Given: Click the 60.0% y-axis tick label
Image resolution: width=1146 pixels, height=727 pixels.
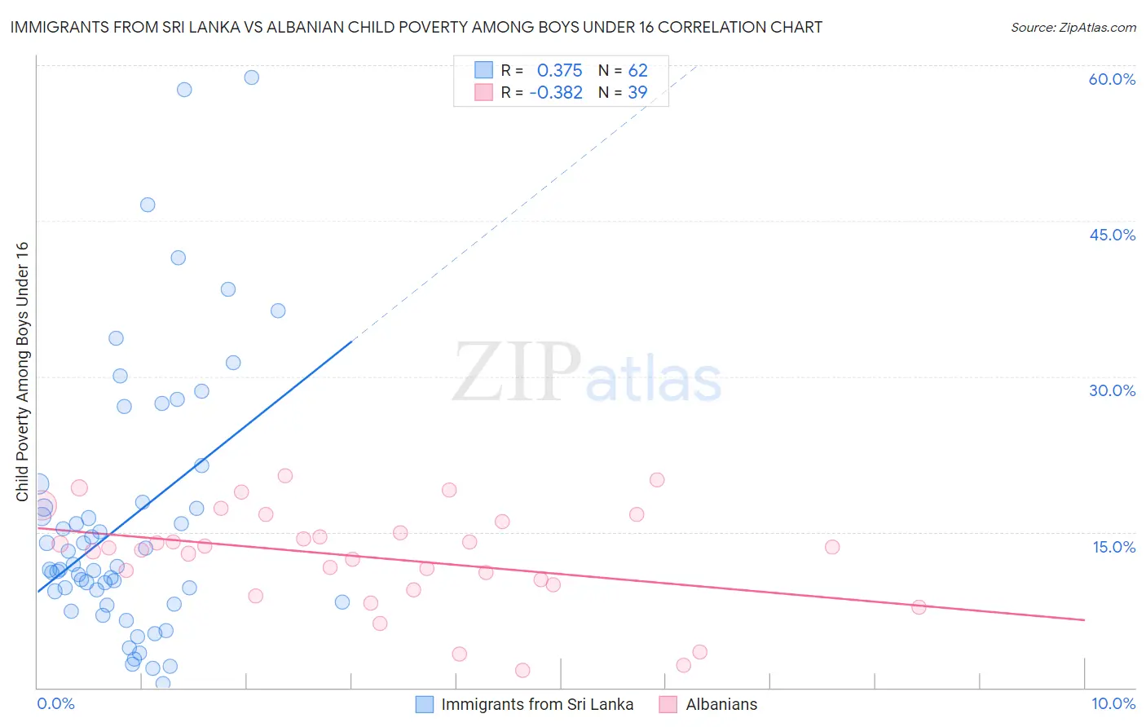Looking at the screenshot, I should pyautogui.click(x=1112, y=79).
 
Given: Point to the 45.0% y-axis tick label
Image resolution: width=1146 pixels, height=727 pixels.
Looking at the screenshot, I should pyautogui.click(x=1112, y=235).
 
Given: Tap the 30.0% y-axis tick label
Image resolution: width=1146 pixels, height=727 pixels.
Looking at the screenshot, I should pyautogui.click(x=1112, y=390).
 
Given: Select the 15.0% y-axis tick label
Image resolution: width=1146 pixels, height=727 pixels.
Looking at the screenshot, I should pyautogui.click(x=1113, y=547).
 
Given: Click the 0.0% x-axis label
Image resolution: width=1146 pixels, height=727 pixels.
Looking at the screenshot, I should pyautogui.click(x=55, y=703).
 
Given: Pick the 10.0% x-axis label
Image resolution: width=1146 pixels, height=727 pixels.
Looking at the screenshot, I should pyautogui.click(x=1113, y=703).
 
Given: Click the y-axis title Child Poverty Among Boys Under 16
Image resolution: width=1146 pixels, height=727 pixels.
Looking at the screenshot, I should pyautogui.click(x=22, y=371).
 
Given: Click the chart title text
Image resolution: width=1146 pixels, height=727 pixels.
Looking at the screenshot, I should pyautogui.click(x=416, y=27).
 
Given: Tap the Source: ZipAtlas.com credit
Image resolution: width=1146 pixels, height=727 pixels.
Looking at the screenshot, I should pyautogui.click(x=1073, y=27).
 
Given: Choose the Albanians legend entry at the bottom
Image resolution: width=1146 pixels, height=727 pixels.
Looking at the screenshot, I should pyautogui.click(x=721, y=704).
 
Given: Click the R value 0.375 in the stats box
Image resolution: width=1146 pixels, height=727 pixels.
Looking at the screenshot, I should pyautogui.click(x=559, y=71).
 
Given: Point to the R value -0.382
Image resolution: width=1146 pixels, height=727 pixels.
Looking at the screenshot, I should pyautogui.click(x=556, y=93).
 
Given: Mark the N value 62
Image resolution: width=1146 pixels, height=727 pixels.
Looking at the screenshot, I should pyautogui.click(x=637, y=71).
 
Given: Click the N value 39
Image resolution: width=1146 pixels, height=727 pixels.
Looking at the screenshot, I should pyautogui.click(x=637, y=93).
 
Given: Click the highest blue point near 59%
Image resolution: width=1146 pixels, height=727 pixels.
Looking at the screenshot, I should pyautogui.click(x=252, y=77).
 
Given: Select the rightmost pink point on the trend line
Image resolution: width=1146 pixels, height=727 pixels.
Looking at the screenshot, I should pyautogui.click(x=919, y=607).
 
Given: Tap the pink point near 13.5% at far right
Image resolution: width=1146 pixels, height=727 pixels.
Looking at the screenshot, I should pyautogui.click(x=832, y=547).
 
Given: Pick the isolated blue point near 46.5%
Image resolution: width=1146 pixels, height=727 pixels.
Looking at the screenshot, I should pyautogui.click(x=148, y=205).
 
